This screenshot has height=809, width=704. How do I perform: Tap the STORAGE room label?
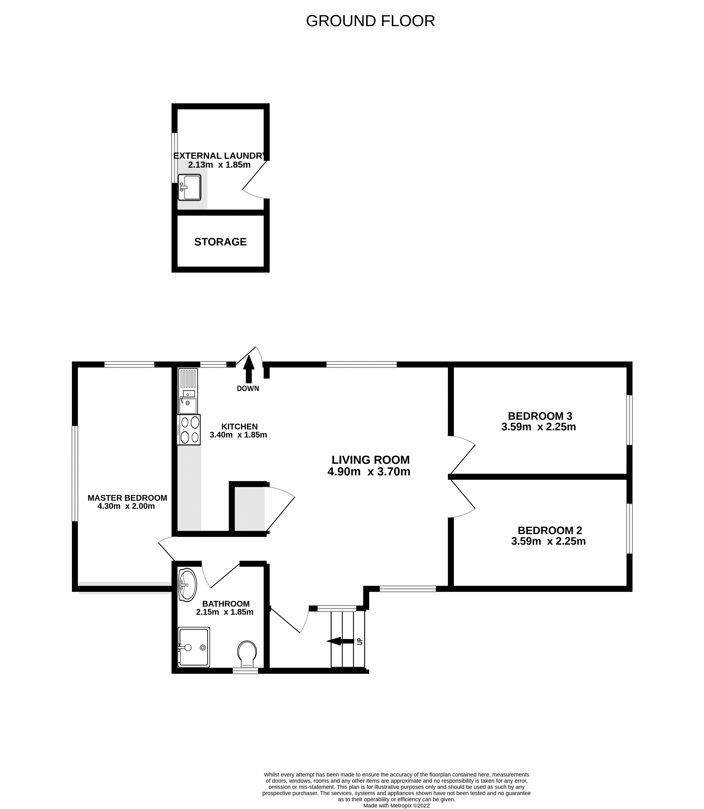tap(220, 242)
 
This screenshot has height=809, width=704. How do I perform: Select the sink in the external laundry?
tap(189, 188)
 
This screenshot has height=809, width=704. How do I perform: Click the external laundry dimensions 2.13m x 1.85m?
tap(219, 165)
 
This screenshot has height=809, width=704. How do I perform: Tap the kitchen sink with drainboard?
tap(188, 391)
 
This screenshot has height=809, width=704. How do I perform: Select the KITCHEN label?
tap(239, 426)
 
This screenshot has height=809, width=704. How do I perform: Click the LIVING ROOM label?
tap(371, 460)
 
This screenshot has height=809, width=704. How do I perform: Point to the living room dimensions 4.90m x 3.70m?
tap(369, 472)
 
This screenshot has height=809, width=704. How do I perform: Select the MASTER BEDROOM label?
tap(127, 498)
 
